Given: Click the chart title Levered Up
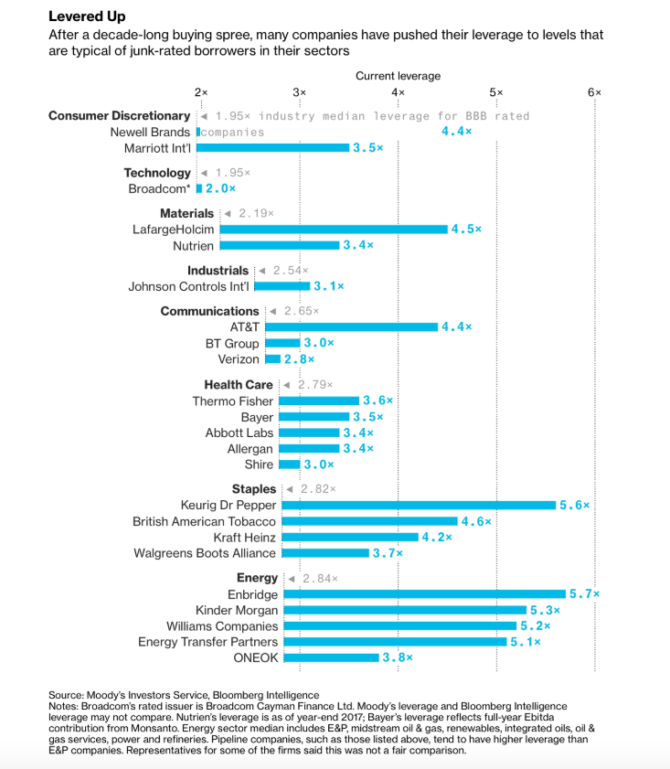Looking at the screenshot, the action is [87, 16].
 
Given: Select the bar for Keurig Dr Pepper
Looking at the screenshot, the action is [419, 505].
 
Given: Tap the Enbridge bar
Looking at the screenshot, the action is [425, 594].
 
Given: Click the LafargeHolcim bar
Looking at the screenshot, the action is [334, 229].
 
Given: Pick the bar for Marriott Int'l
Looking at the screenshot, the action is [273, 147].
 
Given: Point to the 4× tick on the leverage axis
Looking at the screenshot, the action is [398, 92].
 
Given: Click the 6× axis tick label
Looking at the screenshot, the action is [594, 92].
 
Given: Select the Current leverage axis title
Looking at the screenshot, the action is [398, 76].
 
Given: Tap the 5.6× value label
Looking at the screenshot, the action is [574, 505].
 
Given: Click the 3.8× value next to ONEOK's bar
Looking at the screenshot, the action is [398, 657].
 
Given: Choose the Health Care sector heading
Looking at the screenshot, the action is [239, 385].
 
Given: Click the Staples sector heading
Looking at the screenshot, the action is [254, 489].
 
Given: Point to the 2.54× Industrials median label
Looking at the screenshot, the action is [291, 271].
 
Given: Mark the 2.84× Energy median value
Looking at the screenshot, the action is [320, 579].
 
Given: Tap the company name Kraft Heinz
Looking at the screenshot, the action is [245, 538].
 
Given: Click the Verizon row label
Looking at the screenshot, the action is [239, 359].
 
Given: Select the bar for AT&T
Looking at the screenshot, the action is [351, 327].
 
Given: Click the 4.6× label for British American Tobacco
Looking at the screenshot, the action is [476, 521].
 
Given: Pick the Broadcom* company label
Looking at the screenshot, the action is [159, 188].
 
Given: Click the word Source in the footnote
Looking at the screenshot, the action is [66, 696].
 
